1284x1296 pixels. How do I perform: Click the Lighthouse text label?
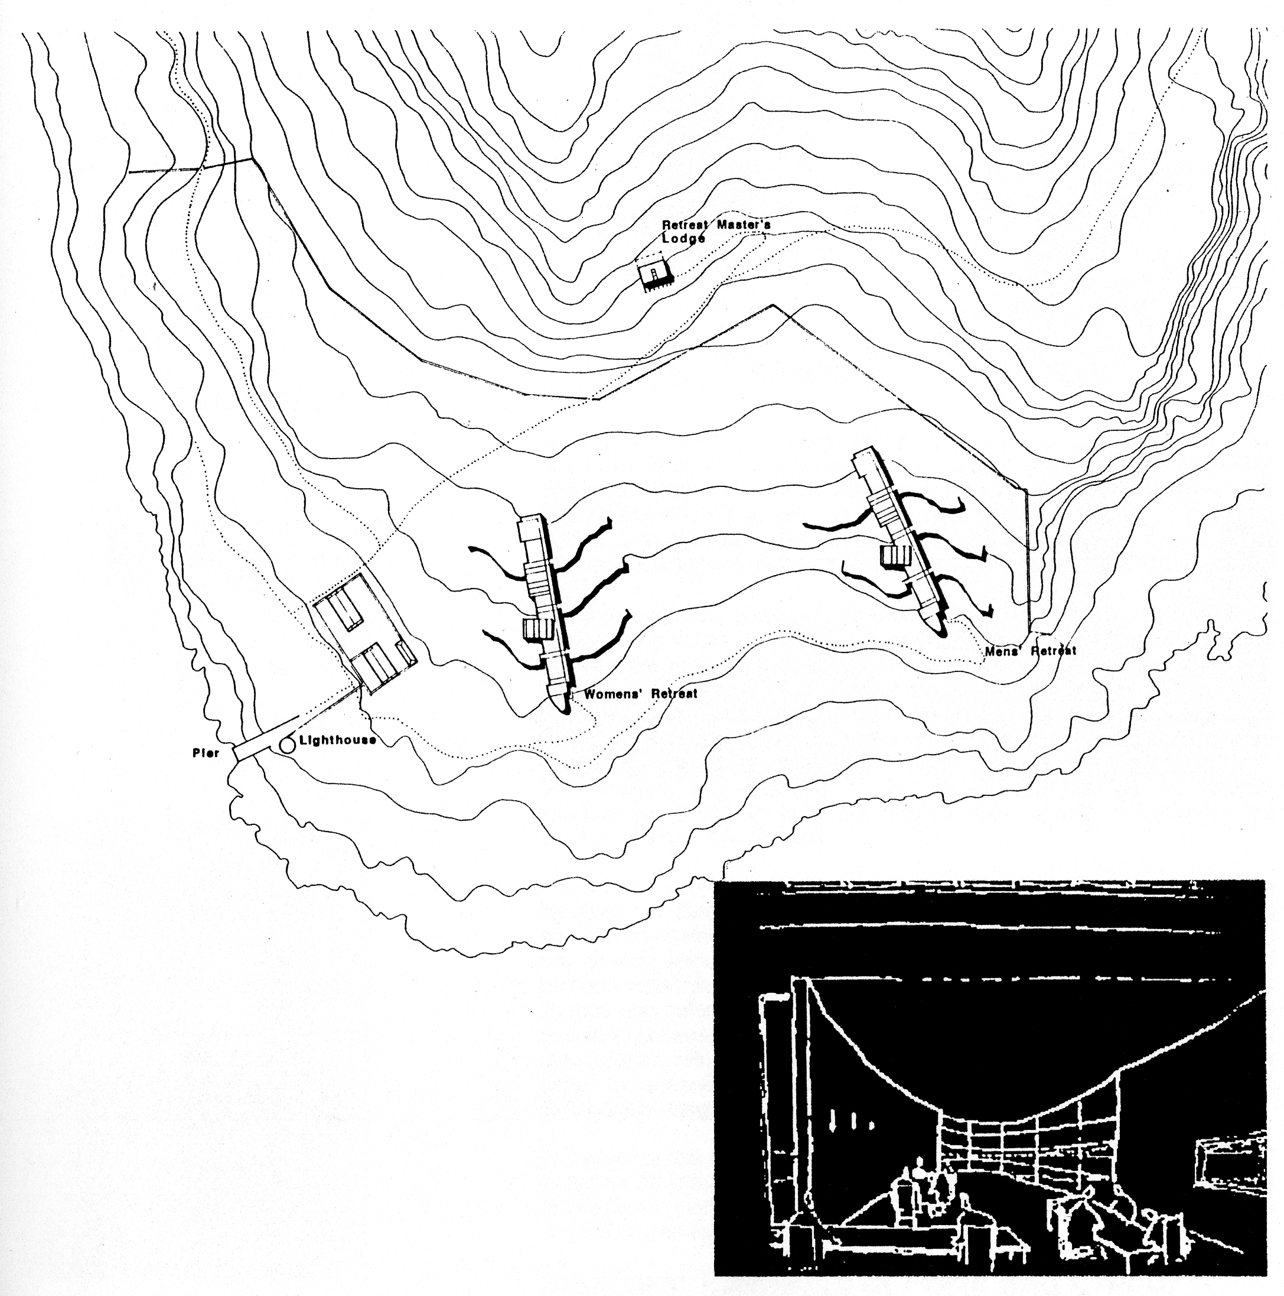pyautogui.click(x=337, y=740)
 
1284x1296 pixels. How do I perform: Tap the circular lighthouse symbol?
pyautogui.click(x=288, y=744)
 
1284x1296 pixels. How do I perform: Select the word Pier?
pyautogui.click(x=206, y=753)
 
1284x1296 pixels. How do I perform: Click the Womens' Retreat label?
pyautogui.click(x=640, y=694)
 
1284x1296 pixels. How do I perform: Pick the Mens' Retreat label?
pyautogui.click(x=1031, y=650)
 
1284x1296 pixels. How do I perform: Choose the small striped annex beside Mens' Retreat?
pyautogui.click(x=896, y=556)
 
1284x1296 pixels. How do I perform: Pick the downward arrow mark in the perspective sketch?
pyautogui.click(x=832, y=1119)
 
